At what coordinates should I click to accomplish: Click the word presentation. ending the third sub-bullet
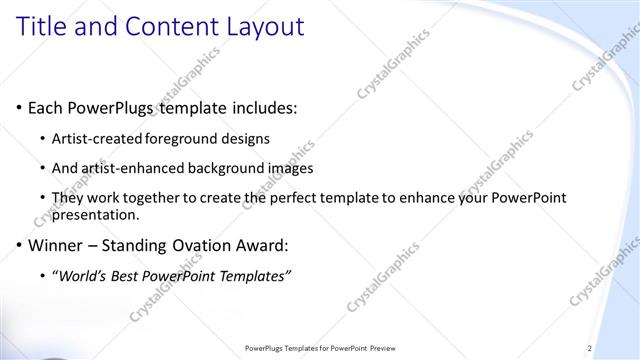point(96,215)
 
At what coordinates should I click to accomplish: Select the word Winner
point(56,245)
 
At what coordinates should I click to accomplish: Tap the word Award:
point(273,245)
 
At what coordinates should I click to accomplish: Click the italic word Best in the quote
point(128,276)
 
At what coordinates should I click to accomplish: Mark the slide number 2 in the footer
point(590,348)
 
